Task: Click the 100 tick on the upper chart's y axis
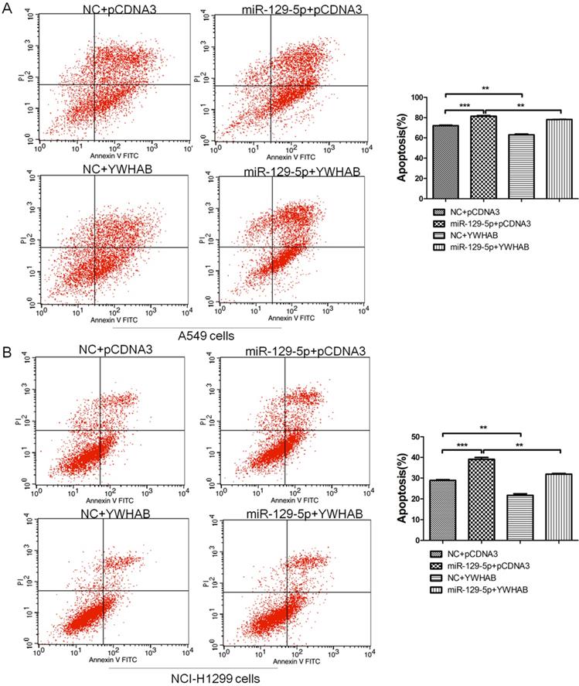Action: tap(424, 97)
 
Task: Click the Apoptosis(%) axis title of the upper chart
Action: tap(403, 138)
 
